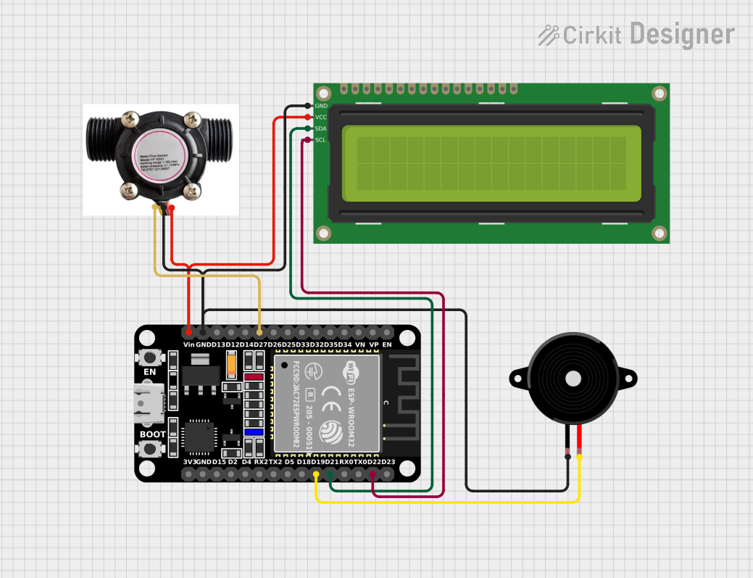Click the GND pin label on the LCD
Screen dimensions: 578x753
click(321, 106)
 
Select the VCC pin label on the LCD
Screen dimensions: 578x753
click(321, 117)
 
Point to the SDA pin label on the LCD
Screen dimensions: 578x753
click(321, 128)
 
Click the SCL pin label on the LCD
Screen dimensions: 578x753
click(321, 140)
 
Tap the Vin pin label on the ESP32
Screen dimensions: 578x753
click(189, 344)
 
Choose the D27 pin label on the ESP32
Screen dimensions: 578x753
click(260, 344)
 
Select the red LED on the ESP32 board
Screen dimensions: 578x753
click(254, 377)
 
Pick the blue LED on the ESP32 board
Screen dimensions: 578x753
click(254, 432)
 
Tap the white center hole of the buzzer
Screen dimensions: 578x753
click(573, 379)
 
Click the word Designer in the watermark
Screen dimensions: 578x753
click(682, 34)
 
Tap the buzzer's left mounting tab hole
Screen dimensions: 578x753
click(517, 378)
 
